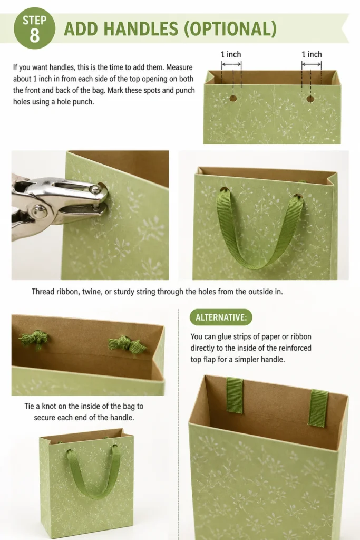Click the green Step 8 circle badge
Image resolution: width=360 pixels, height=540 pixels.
[x=34, y=28]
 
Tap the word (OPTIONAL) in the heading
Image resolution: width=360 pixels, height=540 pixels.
[x=230, y=29]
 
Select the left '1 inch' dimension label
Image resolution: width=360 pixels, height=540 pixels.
[x=231, y=54]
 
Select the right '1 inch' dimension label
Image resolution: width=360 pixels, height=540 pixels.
[x=312, y=54]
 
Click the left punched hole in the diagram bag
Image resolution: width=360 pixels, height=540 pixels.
[x=233, y=99]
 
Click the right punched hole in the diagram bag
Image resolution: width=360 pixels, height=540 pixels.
[x=310, y=99]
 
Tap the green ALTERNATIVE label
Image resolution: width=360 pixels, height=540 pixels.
[x=221, y=317]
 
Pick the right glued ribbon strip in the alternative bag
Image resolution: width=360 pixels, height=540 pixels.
[x=318, y=408]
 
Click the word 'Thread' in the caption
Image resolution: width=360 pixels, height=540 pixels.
[x=43, y=292]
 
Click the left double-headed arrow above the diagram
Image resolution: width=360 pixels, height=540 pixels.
[x=231, y=64]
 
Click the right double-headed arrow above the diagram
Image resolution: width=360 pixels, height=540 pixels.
[x=312, y=64]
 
